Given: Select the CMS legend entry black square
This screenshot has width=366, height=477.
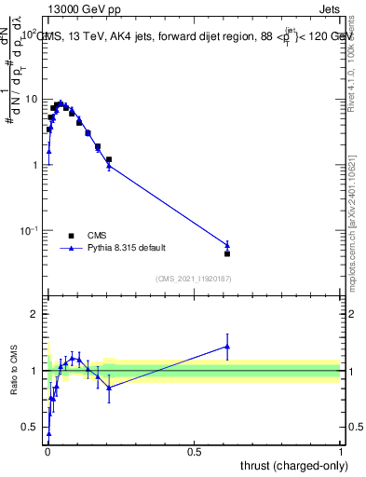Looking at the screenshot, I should click(x=71, y=236).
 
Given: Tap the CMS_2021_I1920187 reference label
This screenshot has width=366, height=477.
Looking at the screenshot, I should click(x=193, y=279).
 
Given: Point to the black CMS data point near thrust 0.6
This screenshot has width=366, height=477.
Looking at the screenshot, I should click(x=227, y=253).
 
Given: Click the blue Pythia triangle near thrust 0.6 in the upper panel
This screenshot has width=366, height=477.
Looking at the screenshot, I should click(x=227, y=245).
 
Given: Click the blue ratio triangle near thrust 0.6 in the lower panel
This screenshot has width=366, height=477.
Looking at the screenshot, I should click(x=227, y=347).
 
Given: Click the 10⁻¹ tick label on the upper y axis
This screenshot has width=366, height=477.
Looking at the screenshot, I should click(x=29, y=230).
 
